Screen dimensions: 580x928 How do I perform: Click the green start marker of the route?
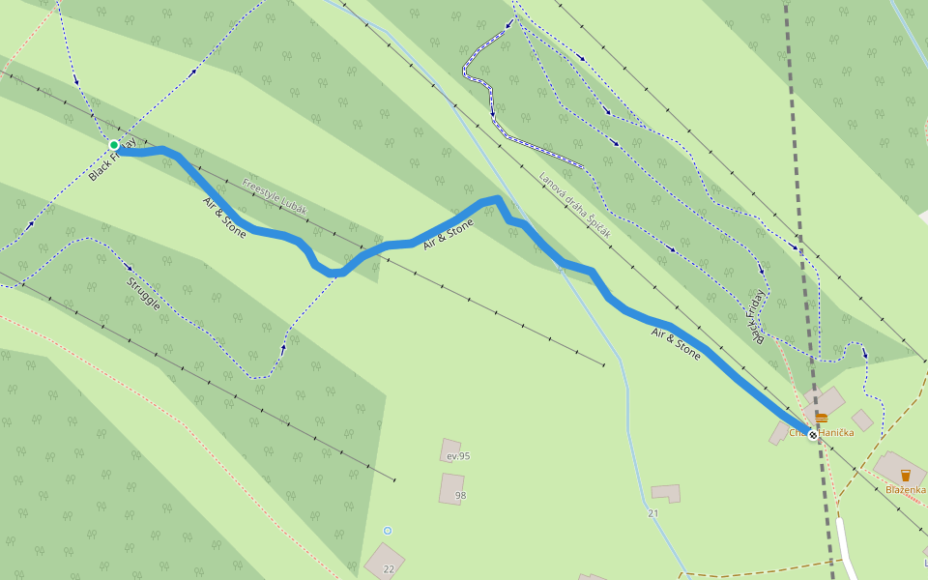click(114, 145)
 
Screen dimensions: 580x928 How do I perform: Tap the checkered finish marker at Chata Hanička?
click(813, 435)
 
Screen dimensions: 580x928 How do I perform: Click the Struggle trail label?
click(143, 293)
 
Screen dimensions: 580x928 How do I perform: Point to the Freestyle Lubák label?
click(275, 196)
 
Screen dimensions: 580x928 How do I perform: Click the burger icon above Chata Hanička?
click(821, 418)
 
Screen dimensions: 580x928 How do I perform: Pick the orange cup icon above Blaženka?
click(906, 475)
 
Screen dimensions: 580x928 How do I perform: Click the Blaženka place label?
click(907, 489)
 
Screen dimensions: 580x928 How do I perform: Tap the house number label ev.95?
click(458, 456)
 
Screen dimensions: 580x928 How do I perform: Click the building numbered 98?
click(451, 488)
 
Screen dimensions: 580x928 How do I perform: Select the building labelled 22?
click(384, 561)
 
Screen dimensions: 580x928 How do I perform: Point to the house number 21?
click(653, 513)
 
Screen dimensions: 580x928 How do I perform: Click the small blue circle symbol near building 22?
click(388, 531)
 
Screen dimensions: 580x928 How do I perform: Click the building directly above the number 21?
click(666, 493)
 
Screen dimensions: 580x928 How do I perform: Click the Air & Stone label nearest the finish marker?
click(676, 344)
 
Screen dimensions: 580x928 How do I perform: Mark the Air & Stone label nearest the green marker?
click(224, 217)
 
